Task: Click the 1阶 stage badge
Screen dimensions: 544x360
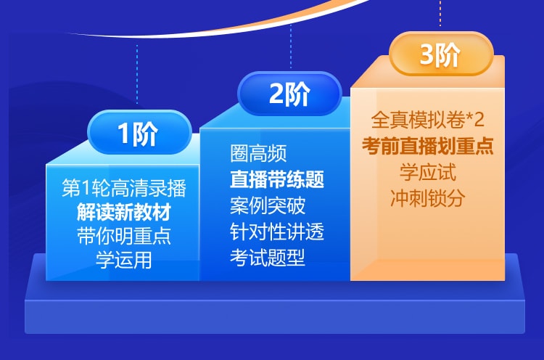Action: (x=139, y=132)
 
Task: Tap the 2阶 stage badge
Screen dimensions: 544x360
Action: (x=289, y=94)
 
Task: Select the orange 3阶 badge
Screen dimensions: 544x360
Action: (x=440, y=54)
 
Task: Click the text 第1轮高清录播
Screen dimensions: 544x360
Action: (x=124, y=188)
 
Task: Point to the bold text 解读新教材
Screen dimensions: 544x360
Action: (x=124, y=212)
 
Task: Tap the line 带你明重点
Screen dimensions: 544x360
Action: (x=124, y=236)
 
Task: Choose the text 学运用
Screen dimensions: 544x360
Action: (x=124, y=260)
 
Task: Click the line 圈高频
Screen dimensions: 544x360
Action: (x=258, y=153)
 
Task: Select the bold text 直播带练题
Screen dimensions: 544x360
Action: (x=277, y=179)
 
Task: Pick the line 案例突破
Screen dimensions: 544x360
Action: (x=268, y=205)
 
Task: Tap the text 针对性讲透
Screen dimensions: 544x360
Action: (x=277, y=232)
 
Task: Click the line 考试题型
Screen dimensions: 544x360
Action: (x=268, y=258)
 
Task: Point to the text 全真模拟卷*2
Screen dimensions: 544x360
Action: (x=427, y=120)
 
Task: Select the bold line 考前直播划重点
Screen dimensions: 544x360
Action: (x=427, y=146)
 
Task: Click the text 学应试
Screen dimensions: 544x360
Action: (x=427, y=172)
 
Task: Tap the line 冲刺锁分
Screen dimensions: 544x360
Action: (x=427, y=198)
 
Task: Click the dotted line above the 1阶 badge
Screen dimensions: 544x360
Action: (x=137, y=74)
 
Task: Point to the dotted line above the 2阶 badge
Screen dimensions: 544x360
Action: (x=291, y=46)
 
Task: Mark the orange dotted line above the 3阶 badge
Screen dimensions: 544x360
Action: (x=440, y=13)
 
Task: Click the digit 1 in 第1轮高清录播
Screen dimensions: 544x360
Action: (x=86, y=188)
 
